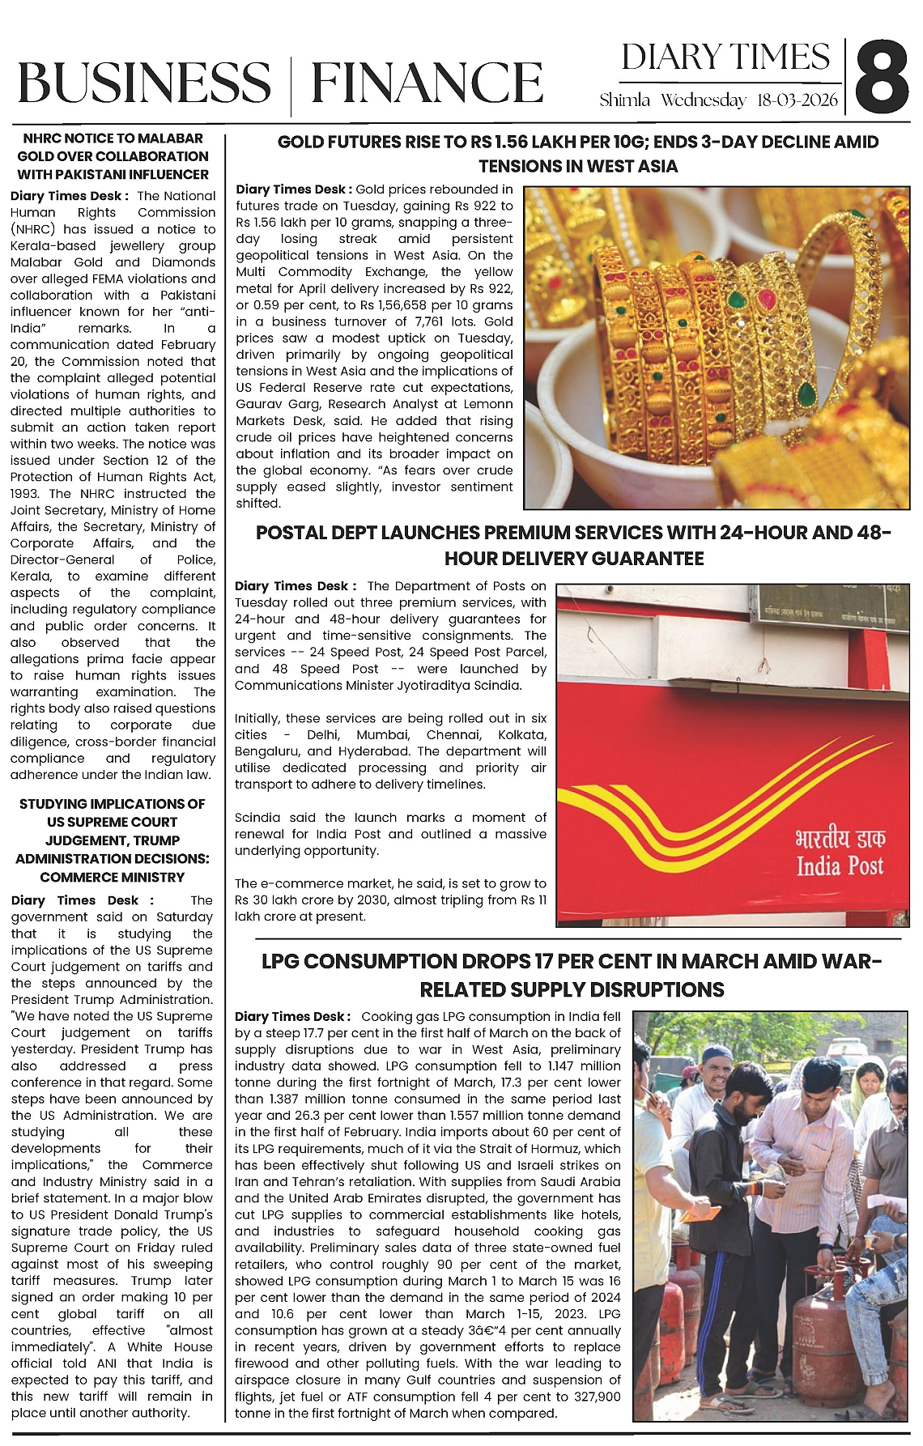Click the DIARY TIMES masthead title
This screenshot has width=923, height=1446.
(725, 57)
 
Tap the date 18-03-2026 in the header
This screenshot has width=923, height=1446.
(798, 100)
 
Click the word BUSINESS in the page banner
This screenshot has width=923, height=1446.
(144, 83)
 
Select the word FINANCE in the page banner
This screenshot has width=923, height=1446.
(427, 83)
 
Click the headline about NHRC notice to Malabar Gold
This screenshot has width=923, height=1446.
(113, 156)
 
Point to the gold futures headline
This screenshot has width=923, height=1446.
(577, 154)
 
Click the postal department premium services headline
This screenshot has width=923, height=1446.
(573, 545)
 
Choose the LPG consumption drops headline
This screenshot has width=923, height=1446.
(572, 975)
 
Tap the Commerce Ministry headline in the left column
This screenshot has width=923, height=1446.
(113, 840)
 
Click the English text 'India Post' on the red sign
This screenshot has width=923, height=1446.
(840, 866)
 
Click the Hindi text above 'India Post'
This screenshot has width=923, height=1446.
(840, 837)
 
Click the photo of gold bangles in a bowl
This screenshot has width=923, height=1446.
(717, 348)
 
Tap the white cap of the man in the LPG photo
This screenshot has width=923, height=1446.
(716, 1054)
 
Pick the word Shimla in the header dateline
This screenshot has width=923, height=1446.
(624, 100)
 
